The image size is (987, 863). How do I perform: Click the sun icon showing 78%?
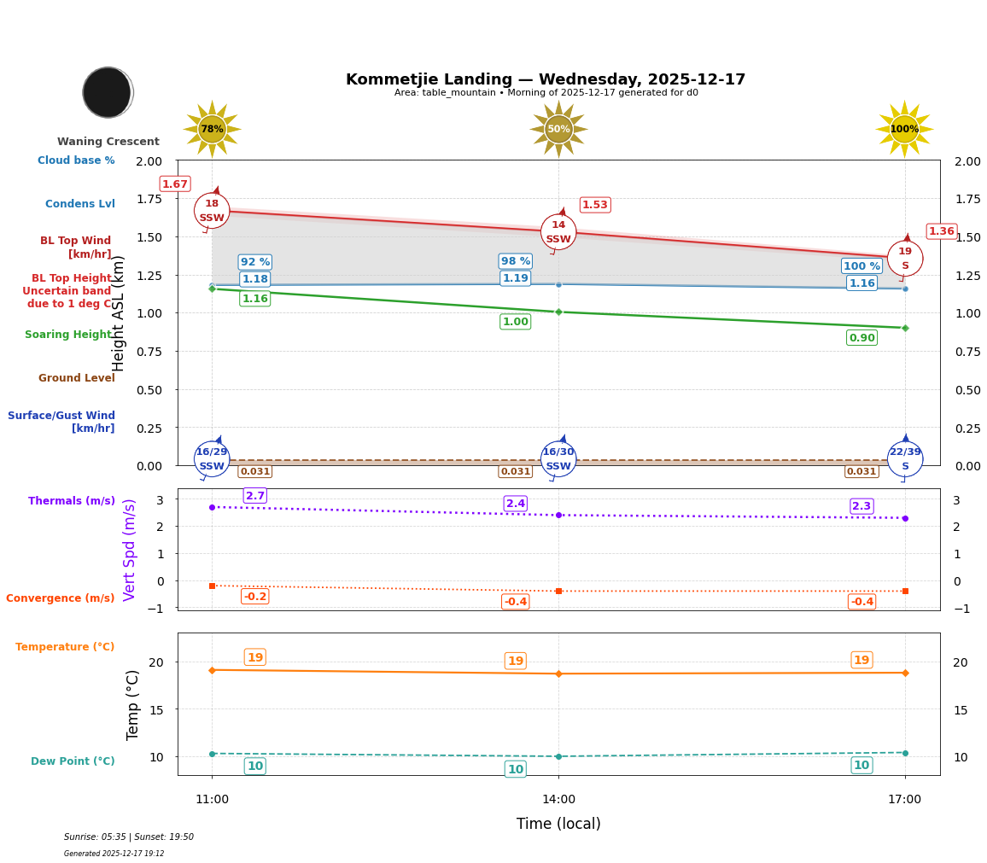[x=212, y=129]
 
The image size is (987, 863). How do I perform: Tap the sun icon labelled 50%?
[x=558, y=129]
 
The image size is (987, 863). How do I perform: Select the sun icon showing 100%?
[x=904, y=129]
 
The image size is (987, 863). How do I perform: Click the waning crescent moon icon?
[x=108, y=92]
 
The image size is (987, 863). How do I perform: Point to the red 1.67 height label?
[x=175, y=184]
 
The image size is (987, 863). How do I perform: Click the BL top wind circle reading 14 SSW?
[x=558, y=232]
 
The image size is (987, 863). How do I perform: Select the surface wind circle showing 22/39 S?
[x=905, y=459]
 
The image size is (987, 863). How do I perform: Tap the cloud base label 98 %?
[x=516, y=261]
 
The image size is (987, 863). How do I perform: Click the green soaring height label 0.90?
[x=861, y=338]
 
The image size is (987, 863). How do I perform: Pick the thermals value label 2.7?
[x=255, y=496]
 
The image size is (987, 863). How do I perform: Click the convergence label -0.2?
[x=254, y=597]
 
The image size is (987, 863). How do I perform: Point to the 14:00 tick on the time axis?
[x=558, y=800]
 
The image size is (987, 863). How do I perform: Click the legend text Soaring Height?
[x=69, y=335]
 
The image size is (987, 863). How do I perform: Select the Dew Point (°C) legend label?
[x=73, y=761]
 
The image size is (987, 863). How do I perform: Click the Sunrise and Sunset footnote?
[x=129, y=837]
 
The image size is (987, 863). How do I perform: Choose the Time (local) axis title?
[x=558, y=824]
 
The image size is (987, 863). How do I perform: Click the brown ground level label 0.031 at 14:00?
[x=516, y=471]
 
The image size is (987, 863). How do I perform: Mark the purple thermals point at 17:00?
[x=905, y=518]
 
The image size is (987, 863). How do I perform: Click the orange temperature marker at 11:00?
[x=212, y=670]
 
